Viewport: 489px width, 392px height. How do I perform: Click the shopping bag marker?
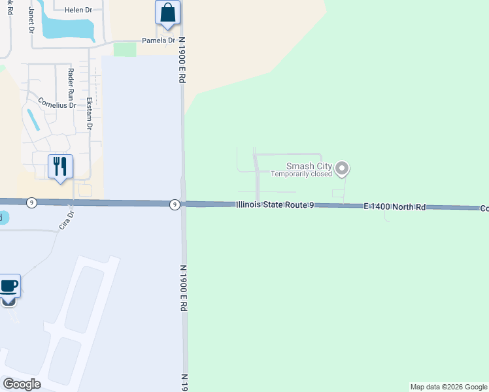click(x=168, y=13)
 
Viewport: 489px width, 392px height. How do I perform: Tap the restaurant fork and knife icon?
click(x=60, y=167)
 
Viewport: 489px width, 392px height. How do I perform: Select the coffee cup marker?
click(x=8, y=286)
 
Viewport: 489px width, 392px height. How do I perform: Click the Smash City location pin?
click(x=342, y=170)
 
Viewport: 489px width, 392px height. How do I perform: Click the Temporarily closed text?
click(x=302, y=174)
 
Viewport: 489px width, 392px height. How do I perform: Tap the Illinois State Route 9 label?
click(x=276, y=205)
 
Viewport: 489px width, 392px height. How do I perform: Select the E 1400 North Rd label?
click(x=395, y=206)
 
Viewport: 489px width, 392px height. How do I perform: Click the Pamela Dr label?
click(x=159, y=41)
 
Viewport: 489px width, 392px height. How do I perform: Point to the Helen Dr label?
click(x=79, y=10)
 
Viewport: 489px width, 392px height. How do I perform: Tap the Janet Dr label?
click(x=30, y=21)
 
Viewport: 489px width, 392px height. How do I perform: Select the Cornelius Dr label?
click(x=57, y=103)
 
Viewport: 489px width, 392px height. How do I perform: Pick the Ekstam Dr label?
click(x=90, y=114)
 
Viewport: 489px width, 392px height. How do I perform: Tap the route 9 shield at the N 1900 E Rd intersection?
click(x=175, y=204)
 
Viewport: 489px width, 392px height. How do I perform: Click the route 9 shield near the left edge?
click(x=31, y=203)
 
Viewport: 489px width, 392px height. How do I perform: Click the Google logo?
click(x=22, y=384)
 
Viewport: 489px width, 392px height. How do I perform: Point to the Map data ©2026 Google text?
click(x=448, y=387)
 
